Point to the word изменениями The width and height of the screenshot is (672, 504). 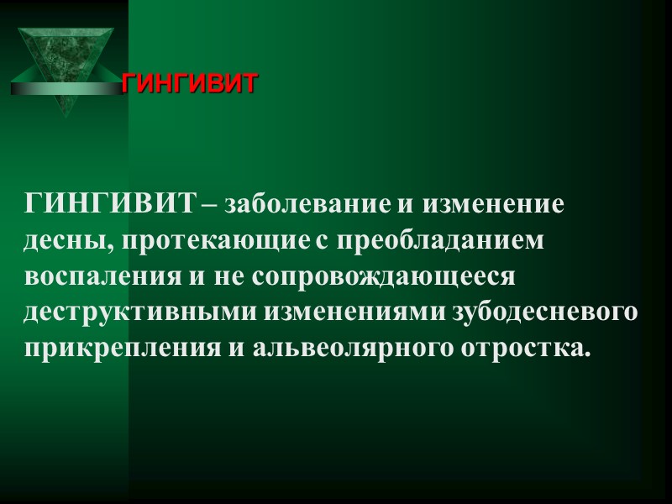357,312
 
